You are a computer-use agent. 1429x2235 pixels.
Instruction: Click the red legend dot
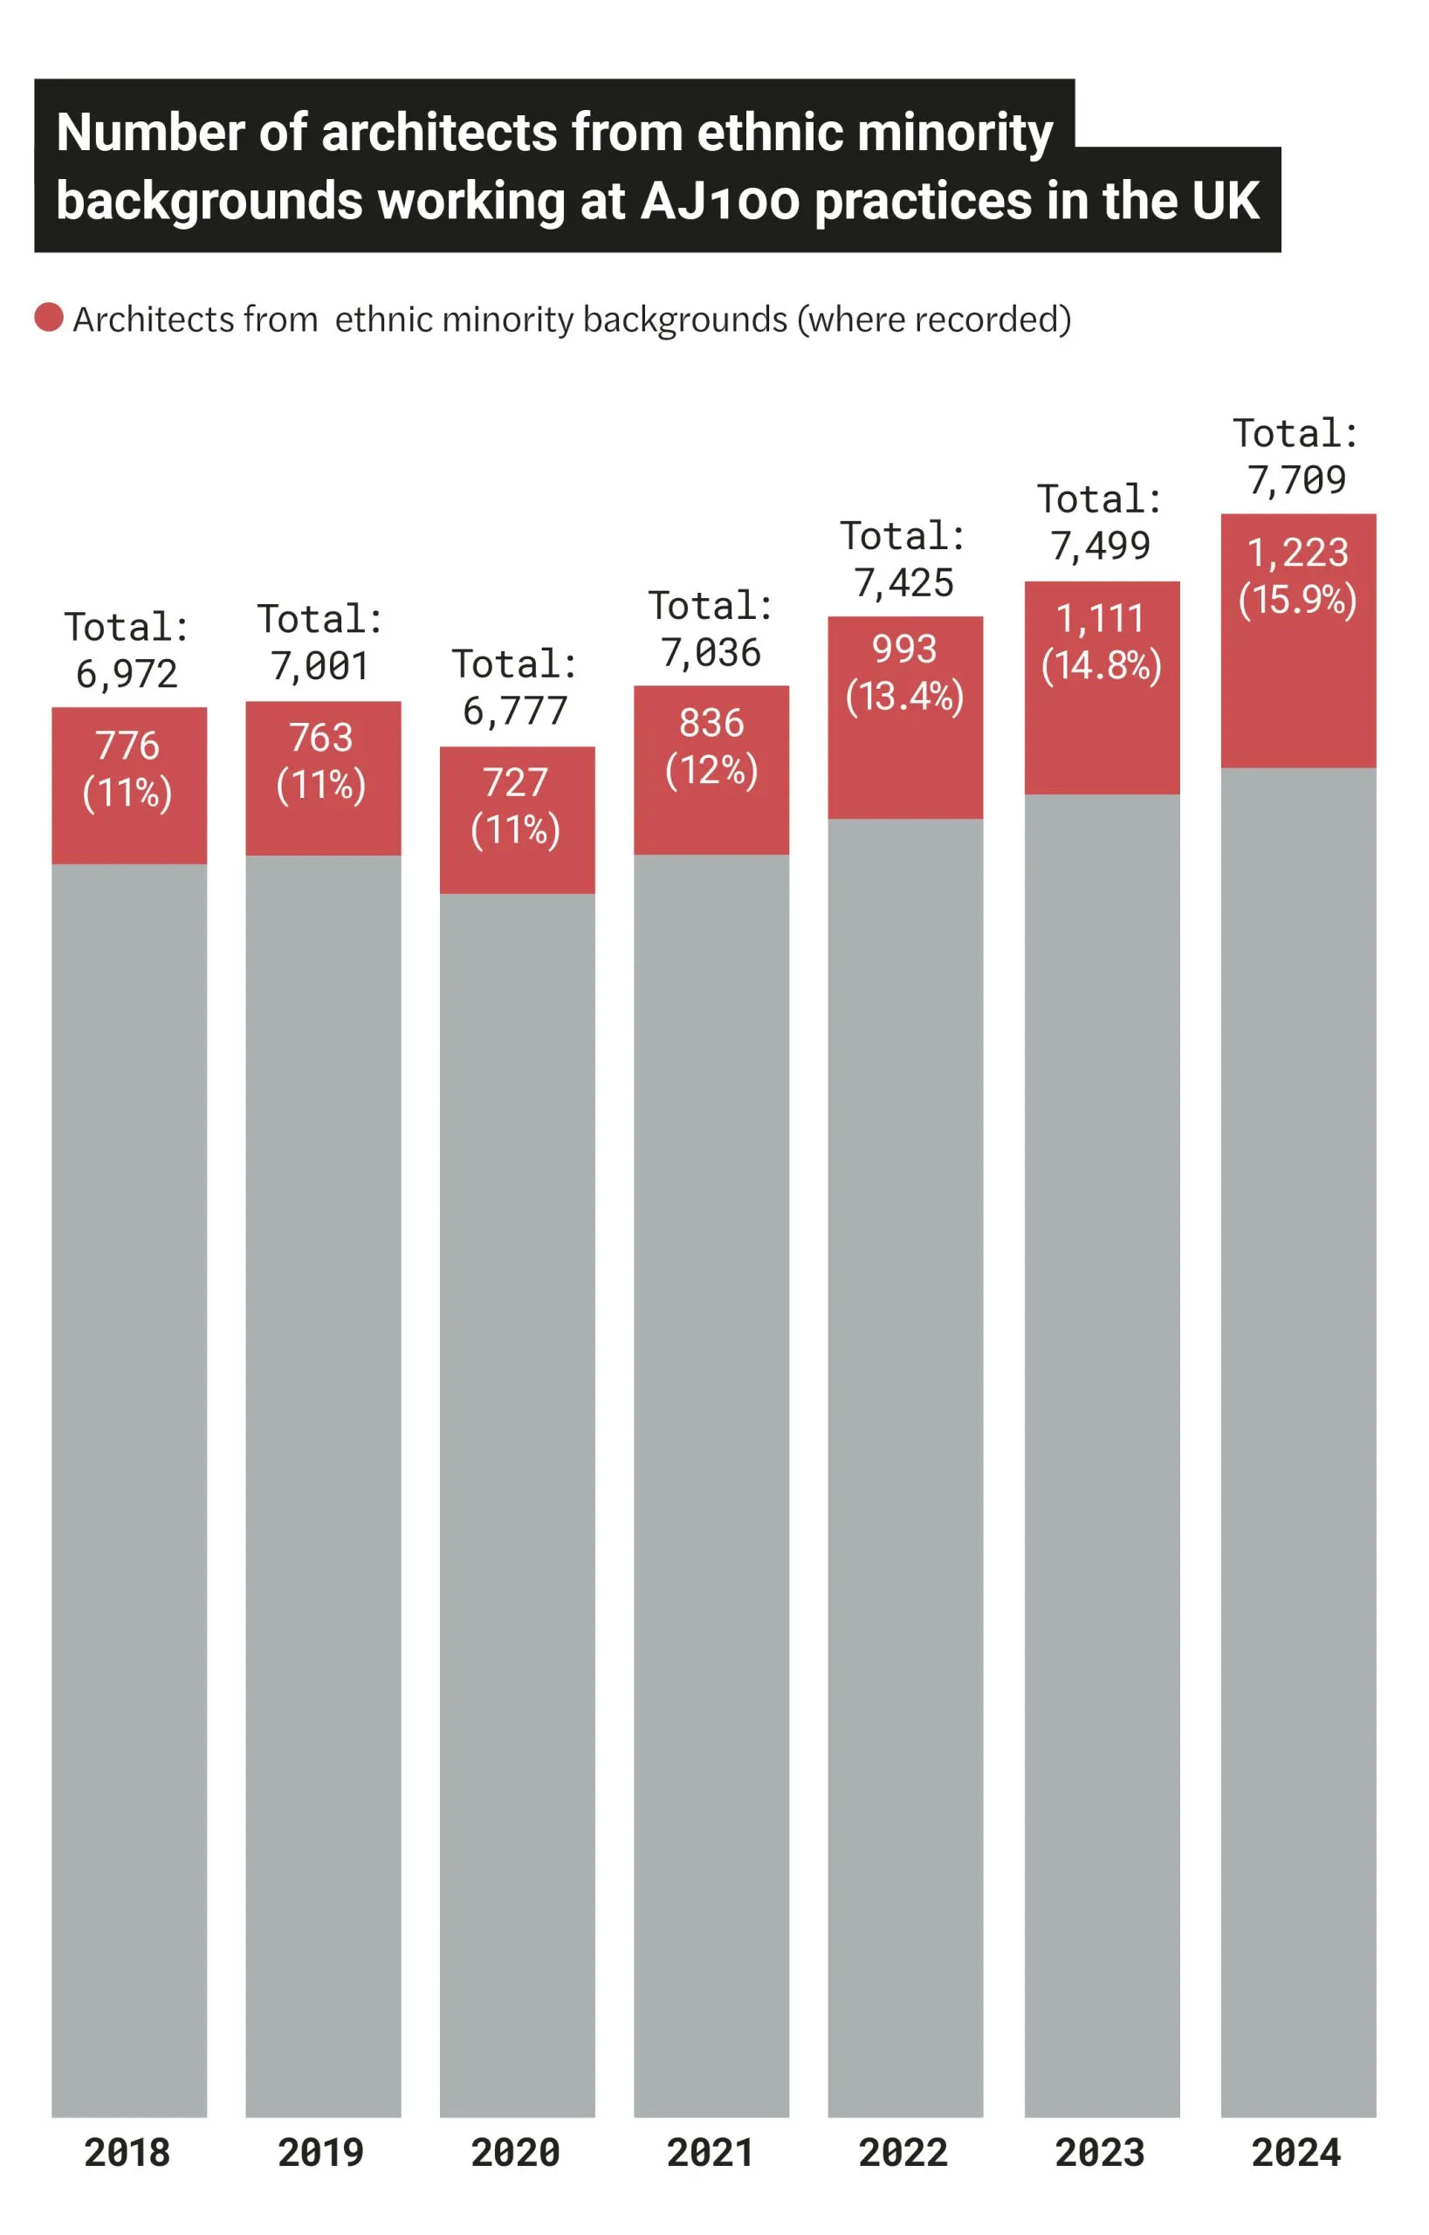[48, 318]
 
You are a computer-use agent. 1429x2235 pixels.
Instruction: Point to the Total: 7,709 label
[1297, 457]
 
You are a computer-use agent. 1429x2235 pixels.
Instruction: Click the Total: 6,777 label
[516, 688]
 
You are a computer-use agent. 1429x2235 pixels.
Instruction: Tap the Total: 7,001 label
[322, 643]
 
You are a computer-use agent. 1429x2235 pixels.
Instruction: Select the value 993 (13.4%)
[904, 672]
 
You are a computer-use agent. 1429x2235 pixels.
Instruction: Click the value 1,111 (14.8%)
[1102, 642]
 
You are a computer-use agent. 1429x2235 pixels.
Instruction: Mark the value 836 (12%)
[711, 746]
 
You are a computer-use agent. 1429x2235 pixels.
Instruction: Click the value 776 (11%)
[128, 769]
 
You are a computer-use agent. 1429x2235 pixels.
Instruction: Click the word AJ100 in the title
[719, 201]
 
